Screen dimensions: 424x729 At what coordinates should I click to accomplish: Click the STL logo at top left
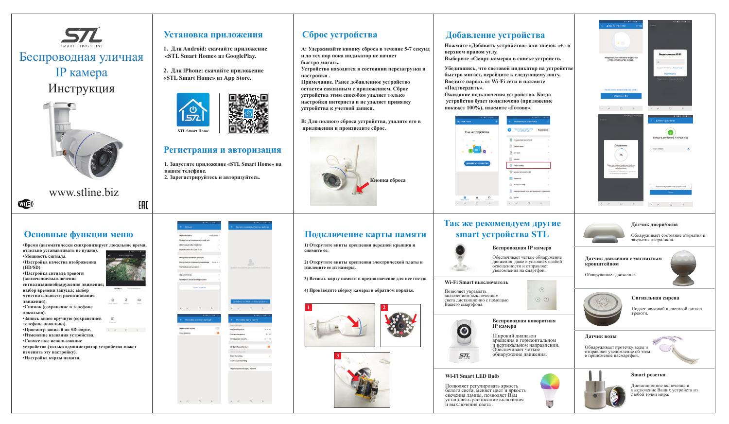point(81,36)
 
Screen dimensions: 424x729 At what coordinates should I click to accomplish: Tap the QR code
point(248,113)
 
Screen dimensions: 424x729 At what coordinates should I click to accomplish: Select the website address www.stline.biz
point(84,192)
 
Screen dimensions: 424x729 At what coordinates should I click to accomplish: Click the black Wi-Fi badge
point(25,204)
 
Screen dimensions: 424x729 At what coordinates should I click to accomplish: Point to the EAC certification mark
point(143,206)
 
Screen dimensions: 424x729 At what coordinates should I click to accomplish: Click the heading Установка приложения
point(213,35)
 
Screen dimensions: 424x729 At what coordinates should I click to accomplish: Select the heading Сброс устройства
point(339,35)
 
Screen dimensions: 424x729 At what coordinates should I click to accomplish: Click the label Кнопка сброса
point(387,180)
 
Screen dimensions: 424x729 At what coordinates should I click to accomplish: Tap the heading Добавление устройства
point(495,35)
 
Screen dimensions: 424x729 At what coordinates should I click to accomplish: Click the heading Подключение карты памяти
point(365,234)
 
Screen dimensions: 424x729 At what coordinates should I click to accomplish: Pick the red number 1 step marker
point(308,308)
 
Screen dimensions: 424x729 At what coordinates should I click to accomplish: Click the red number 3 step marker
point(337,356)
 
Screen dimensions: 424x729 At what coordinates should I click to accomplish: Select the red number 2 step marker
point(383,308)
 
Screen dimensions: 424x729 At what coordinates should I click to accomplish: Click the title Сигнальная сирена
point(655,298)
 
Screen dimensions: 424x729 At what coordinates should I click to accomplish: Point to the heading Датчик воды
point(600,336)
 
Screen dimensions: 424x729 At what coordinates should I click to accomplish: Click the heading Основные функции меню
point(78,234)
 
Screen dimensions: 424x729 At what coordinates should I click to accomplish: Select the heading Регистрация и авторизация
point(222,150)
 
